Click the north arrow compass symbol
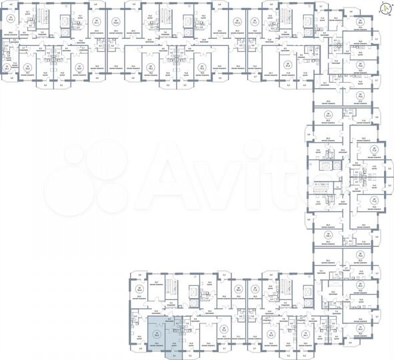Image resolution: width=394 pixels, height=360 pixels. pos(385,8)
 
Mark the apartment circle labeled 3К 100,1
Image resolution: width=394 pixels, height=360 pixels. pos(327,235)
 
